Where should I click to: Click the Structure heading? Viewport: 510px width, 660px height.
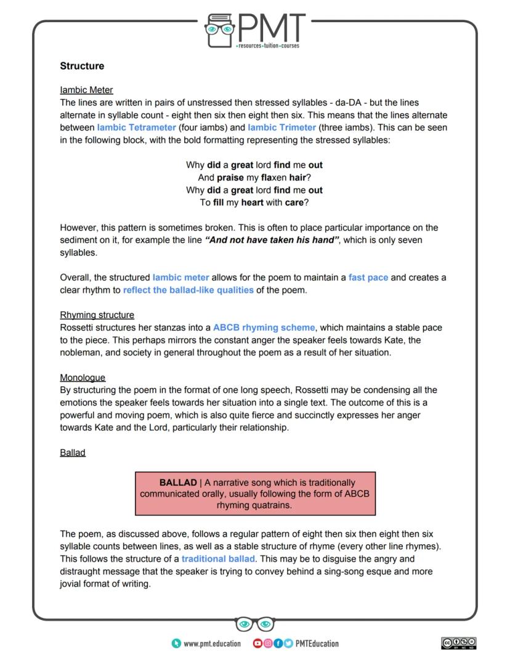(82, 66)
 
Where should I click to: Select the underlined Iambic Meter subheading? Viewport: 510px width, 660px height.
(86, 90)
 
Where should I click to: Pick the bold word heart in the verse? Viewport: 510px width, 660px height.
(253, 202)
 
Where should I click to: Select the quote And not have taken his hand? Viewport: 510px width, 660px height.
(272, 240)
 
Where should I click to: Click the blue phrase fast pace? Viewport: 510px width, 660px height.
(368, 277)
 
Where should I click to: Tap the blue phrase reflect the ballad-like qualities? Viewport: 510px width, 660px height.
(188, 290)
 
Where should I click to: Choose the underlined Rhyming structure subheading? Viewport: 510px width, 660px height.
(97, 315)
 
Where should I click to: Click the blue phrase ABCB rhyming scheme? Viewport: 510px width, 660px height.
(264, 327)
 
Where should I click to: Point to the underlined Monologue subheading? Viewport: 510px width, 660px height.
(83, 377)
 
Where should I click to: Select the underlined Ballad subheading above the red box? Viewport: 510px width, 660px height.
(73, 452)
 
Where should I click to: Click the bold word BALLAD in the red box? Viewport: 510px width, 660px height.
(177, 483)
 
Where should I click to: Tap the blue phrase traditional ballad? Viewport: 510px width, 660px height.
(219, 559)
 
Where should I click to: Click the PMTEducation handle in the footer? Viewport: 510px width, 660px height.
(317, 643)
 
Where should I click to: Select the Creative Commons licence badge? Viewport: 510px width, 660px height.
(459, 643)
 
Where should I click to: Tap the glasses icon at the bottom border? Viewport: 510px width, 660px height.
(255, 624)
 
